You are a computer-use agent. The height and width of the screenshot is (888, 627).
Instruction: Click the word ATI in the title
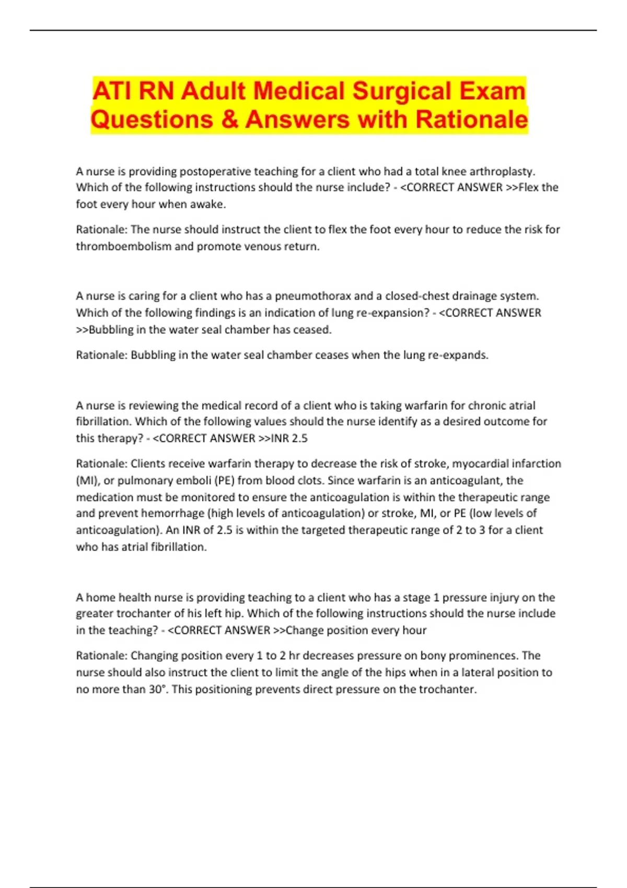[112, 91]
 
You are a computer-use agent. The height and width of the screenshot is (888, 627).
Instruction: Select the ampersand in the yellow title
[229, 120]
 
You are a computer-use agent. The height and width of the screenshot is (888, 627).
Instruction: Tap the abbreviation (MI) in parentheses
[87, 481]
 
